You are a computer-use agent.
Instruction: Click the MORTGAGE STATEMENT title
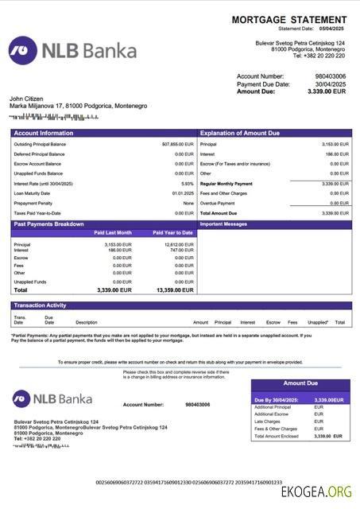click(x=289, y=19)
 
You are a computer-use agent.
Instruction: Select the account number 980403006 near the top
click(x=331, y=76)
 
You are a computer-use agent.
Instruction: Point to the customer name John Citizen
click(x=28, y=98)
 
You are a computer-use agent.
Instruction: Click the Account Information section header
click(x=44, y=133)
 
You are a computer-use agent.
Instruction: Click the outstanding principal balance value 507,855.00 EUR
click(x=177, y=144)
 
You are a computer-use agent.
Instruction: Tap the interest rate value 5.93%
click(x=187, y=183)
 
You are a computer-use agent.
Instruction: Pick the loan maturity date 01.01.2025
click(x=183, y=193)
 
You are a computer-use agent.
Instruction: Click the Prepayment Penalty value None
click(x=188, y=203)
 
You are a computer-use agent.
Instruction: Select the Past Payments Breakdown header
click(x=49, y=224)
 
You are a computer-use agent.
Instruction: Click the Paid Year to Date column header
click(x=172, y=233)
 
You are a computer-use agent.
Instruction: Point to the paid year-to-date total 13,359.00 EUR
click(x=175, y=290)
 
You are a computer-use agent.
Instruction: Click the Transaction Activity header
click(x=40, y=305)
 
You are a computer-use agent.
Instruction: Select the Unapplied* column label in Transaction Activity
click(x=318, y=322)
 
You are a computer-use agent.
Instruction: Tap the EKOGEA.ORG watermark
click(x=316, y=492)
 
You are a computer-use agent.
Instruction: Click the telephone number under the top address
click(x=318, y=56)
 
